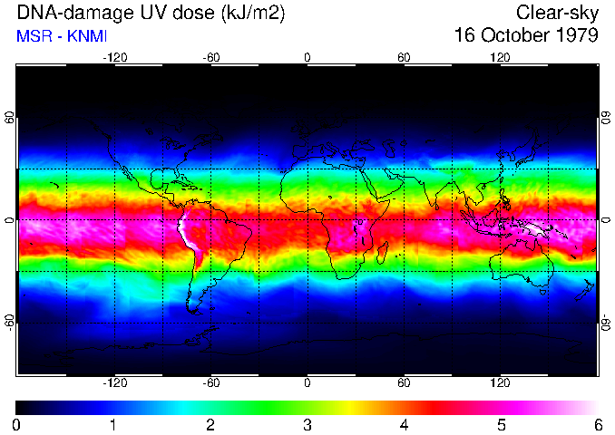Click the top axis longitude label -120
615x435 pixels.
click(x=114, y=58)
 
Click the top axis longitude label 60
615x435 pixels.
click(x=404, y=58)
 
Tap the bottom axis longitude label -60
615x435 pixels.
click(x=210, y=382)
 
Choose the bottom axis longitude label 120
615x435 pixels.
click(x=500, y=382)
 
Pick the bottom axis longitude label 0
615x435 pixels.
click(x=307, y=382)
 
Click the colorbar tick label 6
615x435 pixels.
click(x=598, y=424)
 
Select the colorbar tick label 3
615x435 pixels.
click(x=307, y=424)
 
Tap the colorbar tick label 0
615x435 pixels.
click(x=17, y=424)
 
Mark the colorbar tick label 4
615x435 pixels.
click(x=405, y=424)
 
